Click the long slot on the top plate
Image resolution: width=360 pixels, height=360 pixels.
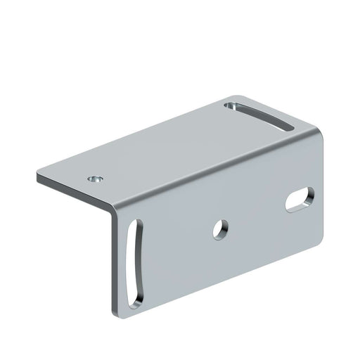260,116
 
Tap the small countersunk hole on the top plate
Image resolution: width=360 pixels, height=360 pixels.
96,179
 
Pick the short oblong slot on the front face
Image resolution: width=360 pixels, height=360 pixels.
300,198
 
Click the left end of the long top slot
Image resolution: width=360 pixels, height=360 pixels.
231,106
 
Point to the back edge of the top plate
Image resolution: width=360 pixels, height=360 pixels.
134,134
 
